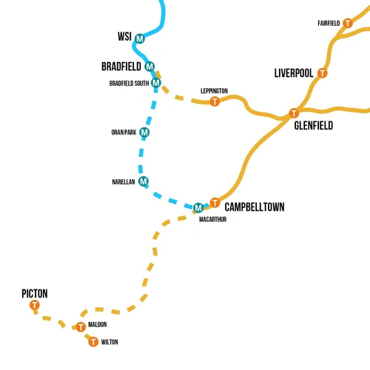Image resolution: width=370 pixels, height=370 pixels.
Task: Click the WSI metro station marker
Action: [x=139, y=38]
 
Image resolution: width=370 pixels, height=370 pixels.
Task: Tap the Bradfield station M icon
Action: [x=149, y=67]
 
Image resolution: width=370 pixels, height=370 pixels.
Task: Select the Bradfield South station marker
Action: [x=155, y=83]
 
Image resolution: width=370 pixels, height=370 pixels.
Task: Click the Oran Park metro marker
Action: [x=144, y=132]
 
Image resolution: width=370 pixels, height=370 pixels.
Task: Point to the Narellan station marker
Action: [x=144, y=181]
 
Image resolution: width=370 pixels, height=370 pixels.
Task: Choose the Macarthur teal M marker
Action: [x=198, y=206]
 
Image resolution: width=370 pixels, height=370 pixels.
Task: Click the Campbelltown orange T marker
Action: [x=215, y=202]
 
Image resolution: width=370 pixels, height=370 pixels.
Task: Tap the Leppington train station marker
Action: [x=215, y=101]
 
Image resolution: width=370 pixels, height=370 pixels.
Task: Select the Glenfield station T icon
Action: [x=293, y=113]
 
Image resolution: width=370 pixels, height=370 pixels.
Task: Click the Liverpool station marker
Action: [x=322, y=73]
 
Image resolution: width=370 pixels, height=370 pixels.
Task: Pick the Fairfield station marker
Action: [x=347, y=23]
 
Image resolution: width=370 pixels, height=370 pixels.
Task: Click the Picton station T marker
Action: [x=34, y=306]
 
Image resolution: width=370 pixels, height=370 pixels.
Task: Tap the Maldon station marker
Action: [x=81, y=326]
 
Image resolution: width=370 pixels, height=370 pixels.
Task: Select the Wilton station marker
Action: [x=92, y=341]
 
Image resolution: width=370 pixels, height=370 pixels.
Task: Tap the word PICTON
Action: [x=35, y=294]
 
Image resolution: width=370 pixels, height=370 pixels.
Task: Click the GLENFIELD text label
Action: [x=313, y=126]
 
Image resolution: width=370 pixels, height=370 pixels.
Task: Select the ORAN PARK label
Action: [x=123, y=133]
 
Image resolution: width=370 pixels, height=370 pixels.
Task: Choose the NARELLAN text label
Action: [x=123, y=181]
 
